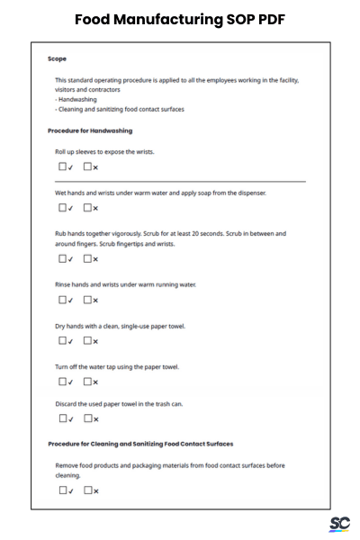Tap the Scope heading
click(57, 59)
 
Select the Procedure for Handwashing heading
click(90, 131)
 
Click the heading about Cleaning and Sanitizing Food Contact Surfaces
click(139, 444)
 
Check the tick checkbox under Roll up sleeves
click(63, 167)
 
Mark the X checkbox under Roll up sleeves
click(88, 167)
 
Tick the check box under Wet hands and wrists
click(63, 208)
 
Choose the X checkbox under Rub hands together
click(88, 259)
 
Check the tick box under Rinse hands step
click(63, 300)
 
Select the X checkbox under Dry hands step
click(88, 341)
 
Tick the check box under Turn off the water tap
click(63, 382)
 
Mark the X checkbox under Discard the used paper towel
click(88, 418)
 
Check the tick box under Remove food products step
click(63, 490)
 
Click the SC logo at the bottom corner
click(338, 524)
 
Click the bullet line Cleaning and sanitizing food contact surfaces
click(120, 109)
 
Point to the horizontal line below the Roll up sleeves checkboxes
click(180, 182)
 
